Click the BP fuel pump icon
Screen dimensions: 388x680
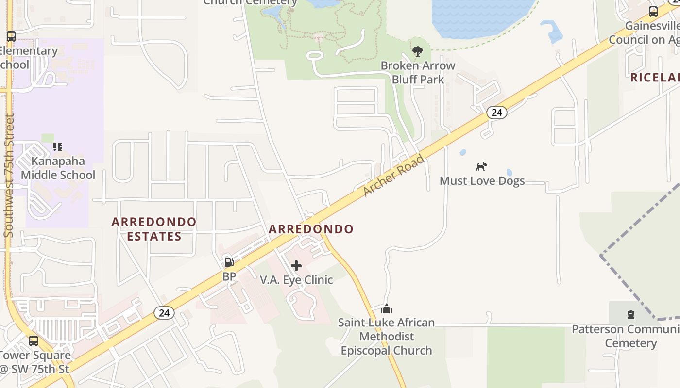click(x=229, y=262)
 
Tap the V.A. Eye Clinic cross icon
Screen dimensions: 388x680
click(x=296, y=266)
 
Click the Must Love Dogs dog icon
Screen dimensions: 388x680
click(x=481, y=166)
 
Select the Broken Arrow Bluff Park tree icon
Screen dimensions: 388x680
click(x=417, y=51)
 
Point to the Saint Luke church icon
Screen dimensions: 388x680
click(x=387, y=308)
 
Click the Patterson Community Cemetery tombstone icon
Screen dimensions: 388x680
click(x=631, y=315)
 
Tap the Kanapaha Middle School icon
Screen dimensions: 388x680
click(x=58, y=146)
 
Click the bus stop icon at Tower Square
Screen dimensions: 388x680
click(x=34, y=340)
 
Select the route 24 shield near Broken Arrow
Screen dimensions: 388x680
click(x=496, y=113)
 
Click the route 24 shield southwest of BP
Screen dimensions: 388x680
click(x=164, y=313)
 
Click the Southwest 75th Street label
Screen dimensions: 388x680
click(x=9, y=176)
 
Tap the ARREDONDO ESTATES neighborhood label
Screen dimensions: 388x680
click(x=154, y=229)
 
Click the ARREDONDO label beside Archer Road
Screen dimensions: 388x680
click(x=311, y=229)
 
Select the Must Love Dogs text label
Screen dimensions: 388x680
click(x=482, y=181)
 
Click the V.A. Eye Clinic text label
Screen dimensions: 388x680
click(x=296, y=280)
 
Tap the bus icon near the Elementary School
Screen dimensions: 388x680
click(x=11, y=36)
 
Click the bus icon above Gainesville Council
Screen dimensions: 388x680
click(x=653, y=12)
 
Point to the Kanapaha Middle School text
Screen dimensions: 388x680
click(x=58, y=168)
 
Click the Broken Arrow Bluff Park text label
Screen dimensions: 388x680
click(x=418, y=72)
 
